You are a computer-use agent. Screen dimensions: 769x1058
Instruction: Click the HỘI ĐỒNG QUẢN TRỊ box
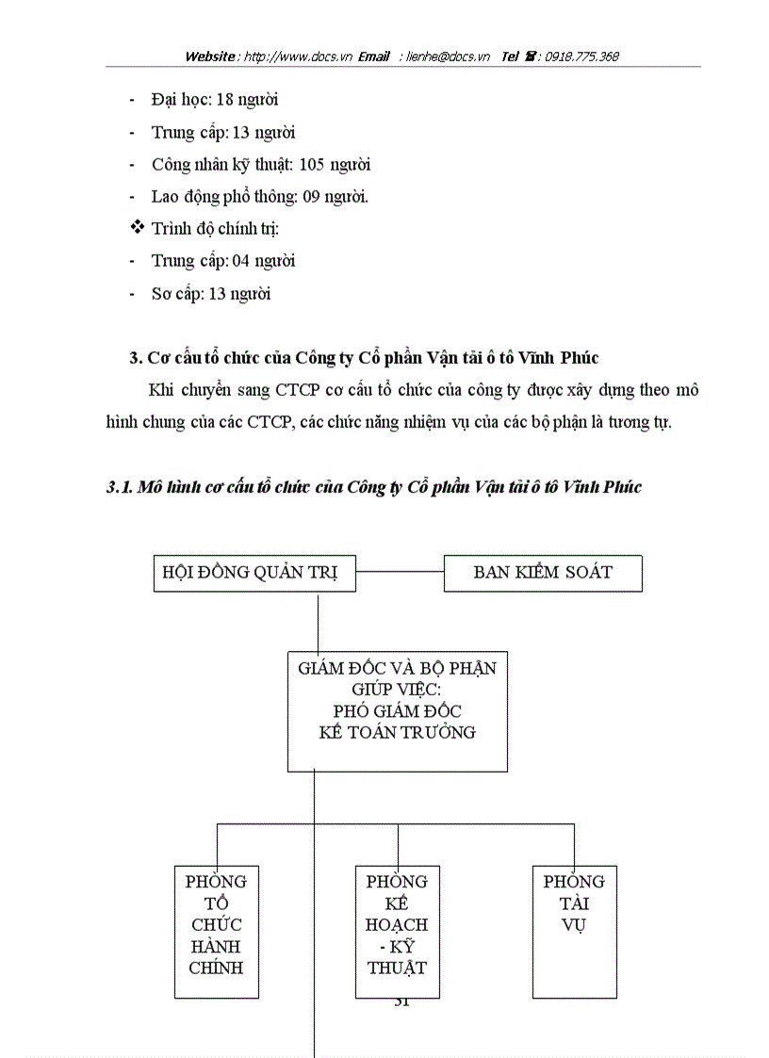point(254,573)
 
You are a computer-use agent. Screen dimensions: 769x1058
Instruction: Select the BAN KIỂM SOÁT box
point(543,573)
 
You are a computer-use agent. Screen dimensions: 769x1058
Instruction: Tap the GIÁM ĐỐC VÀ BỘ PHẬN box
point(397,710)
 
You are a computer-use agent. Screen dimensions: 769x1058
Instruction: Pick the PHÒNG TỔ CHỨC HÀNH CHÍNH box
point(216,931)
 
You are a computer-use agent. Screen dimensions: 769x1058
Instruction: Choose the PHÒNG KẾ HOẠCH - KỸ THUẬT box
point(397,931)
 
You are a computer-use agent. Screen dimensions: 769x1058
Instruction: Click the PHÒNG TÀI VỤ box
point(574,931)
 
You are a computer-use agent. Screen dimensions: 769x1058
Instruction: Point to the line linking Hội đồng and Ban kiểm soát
point(400,572)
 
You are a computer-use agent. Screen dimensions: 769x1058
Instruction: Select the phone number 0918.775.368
point(581,57)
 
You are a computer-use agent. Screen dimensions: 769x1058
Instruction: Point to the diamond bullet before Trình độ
point(137,228)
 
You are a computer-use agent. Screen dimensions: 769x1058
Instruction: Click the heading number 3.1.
point(119,487)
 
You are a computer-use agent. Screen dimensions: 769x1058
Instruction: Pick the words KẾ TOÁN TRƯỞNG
point(397,732)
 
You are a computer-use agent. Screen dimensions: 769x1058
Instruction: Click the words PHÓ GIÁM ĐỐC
point(397,711)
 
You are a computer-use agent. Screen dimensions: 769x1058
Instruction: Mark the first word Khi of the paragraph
point(161,390)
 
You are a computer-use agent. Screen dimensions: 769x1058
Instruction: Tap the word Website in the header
point(210,57)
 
